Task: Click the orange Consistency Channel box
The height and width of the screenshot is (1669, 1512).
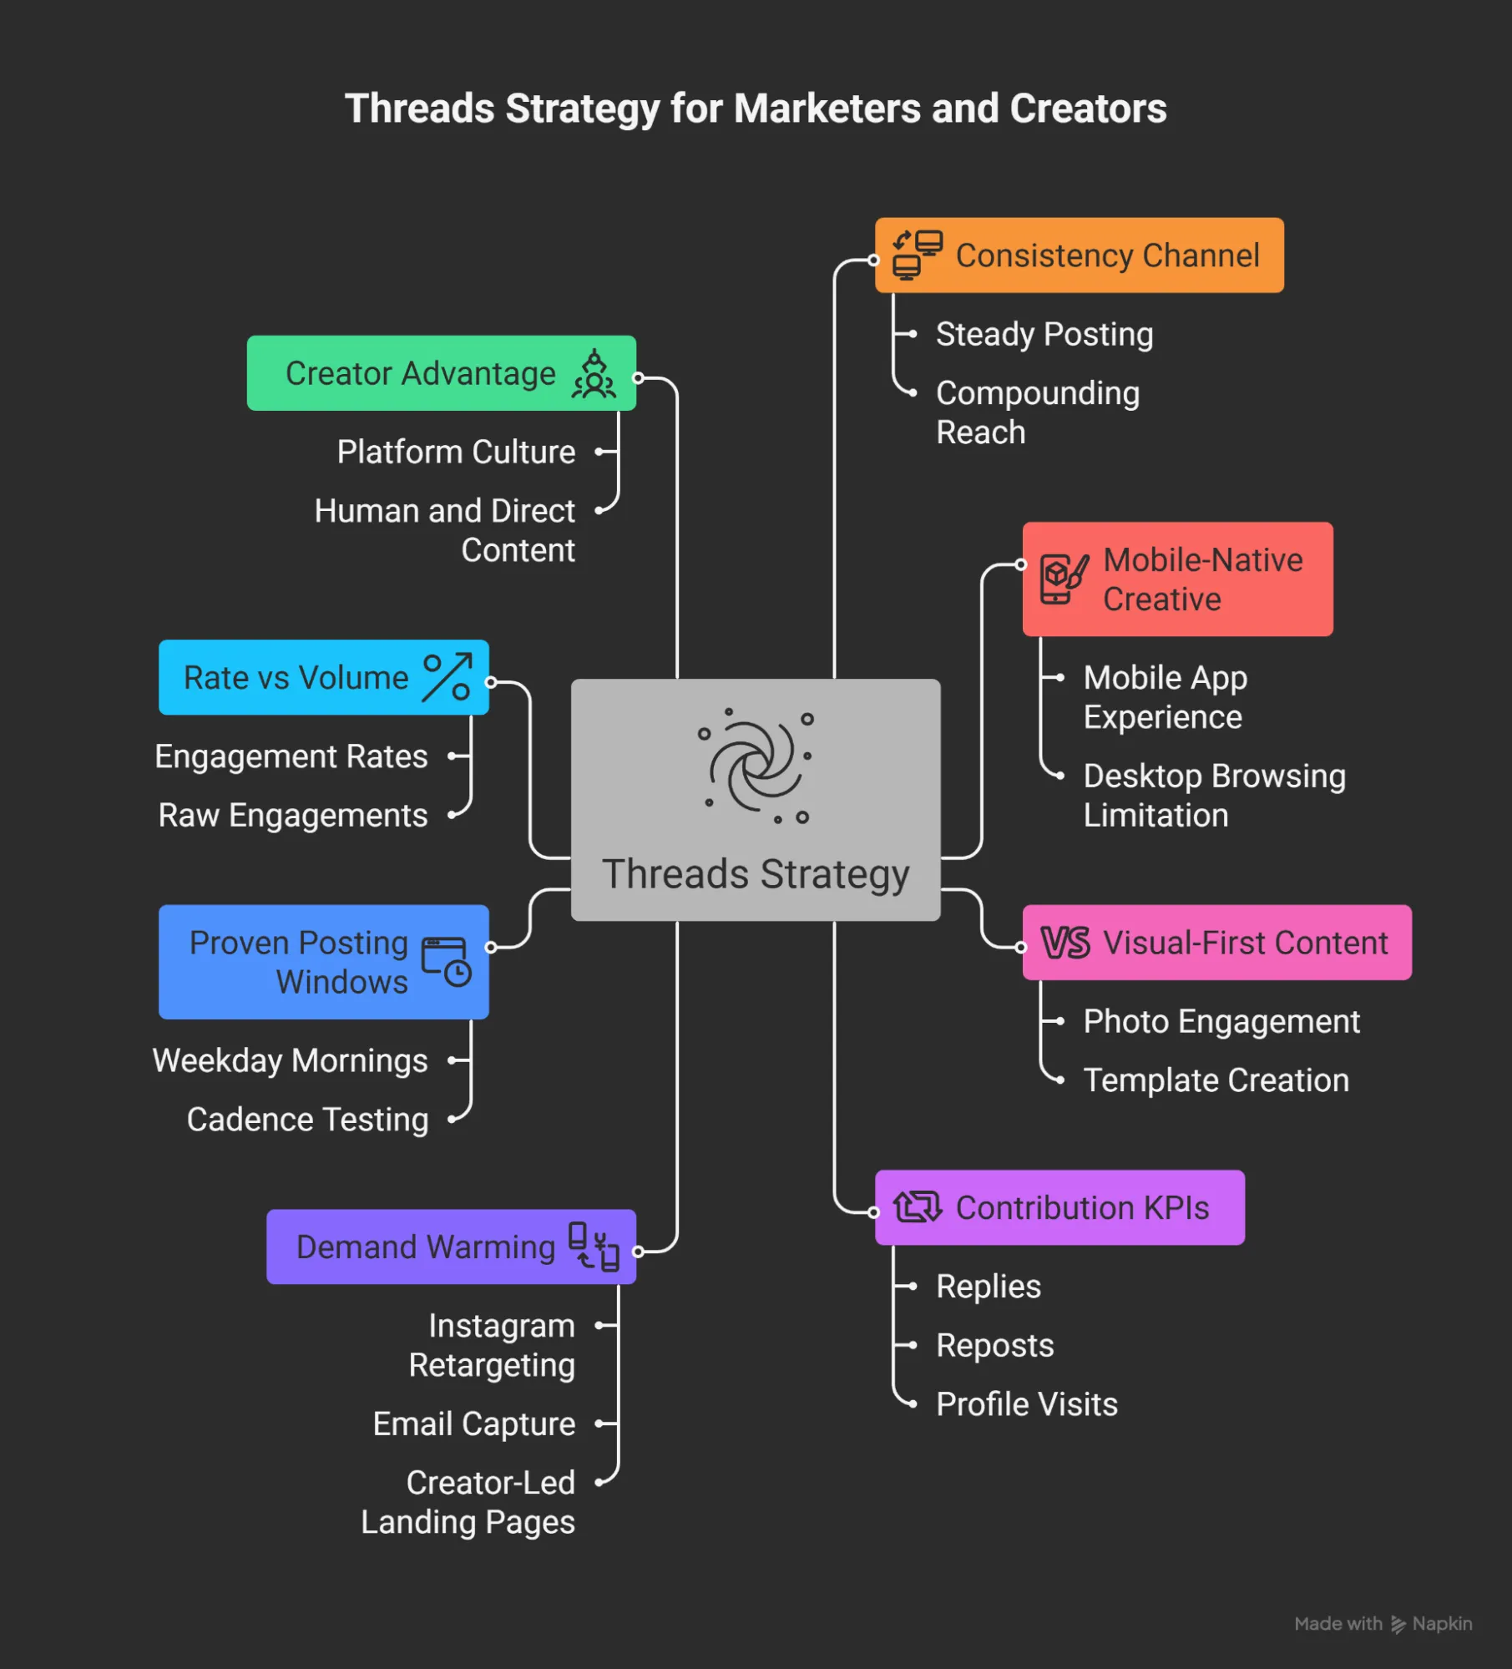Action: coord(1079,255)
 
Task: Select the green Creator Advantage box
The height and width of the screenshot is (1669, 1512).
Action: coord(441,373)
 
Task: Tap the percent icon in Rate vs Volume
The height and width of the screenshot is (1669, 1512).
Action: coord(448,678)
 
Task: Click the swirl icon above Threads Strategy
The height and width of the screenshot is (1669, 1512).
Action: coord(756,765)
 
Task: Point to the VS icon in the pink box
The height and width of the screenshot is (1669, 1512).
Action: coord(1064,943)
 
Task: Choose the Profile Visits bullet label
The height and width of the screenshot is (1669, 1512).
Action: coord(1026,1404)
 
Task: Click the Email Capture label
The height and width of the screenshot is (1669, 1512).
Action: coord(473,1424)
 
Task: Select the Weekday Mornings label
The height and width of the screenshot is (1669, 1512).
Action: coord(290,1060)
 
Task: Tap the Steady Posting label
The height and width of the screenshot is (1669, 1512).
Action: coord(1044,334)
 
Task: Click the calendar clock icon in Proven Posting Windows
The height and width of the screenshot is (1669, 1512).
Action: coord(446,962)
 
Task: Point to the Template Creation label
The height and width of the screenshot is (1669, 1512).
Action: coord(1216,1080)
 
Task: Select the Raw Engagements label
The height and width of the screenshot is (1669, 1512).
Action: coord(293,815)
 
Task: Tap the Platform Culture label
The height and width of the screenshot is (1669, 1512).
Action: coord(456,452)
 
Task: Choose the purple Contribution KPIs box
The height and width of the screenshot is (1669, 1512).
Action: coord(1059,1207)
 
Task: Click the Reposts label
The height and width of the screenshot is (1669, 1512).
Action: coord(994,1345)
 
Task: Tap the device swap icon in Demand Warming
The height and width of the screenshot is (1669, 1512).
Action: coord(594,1247)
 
